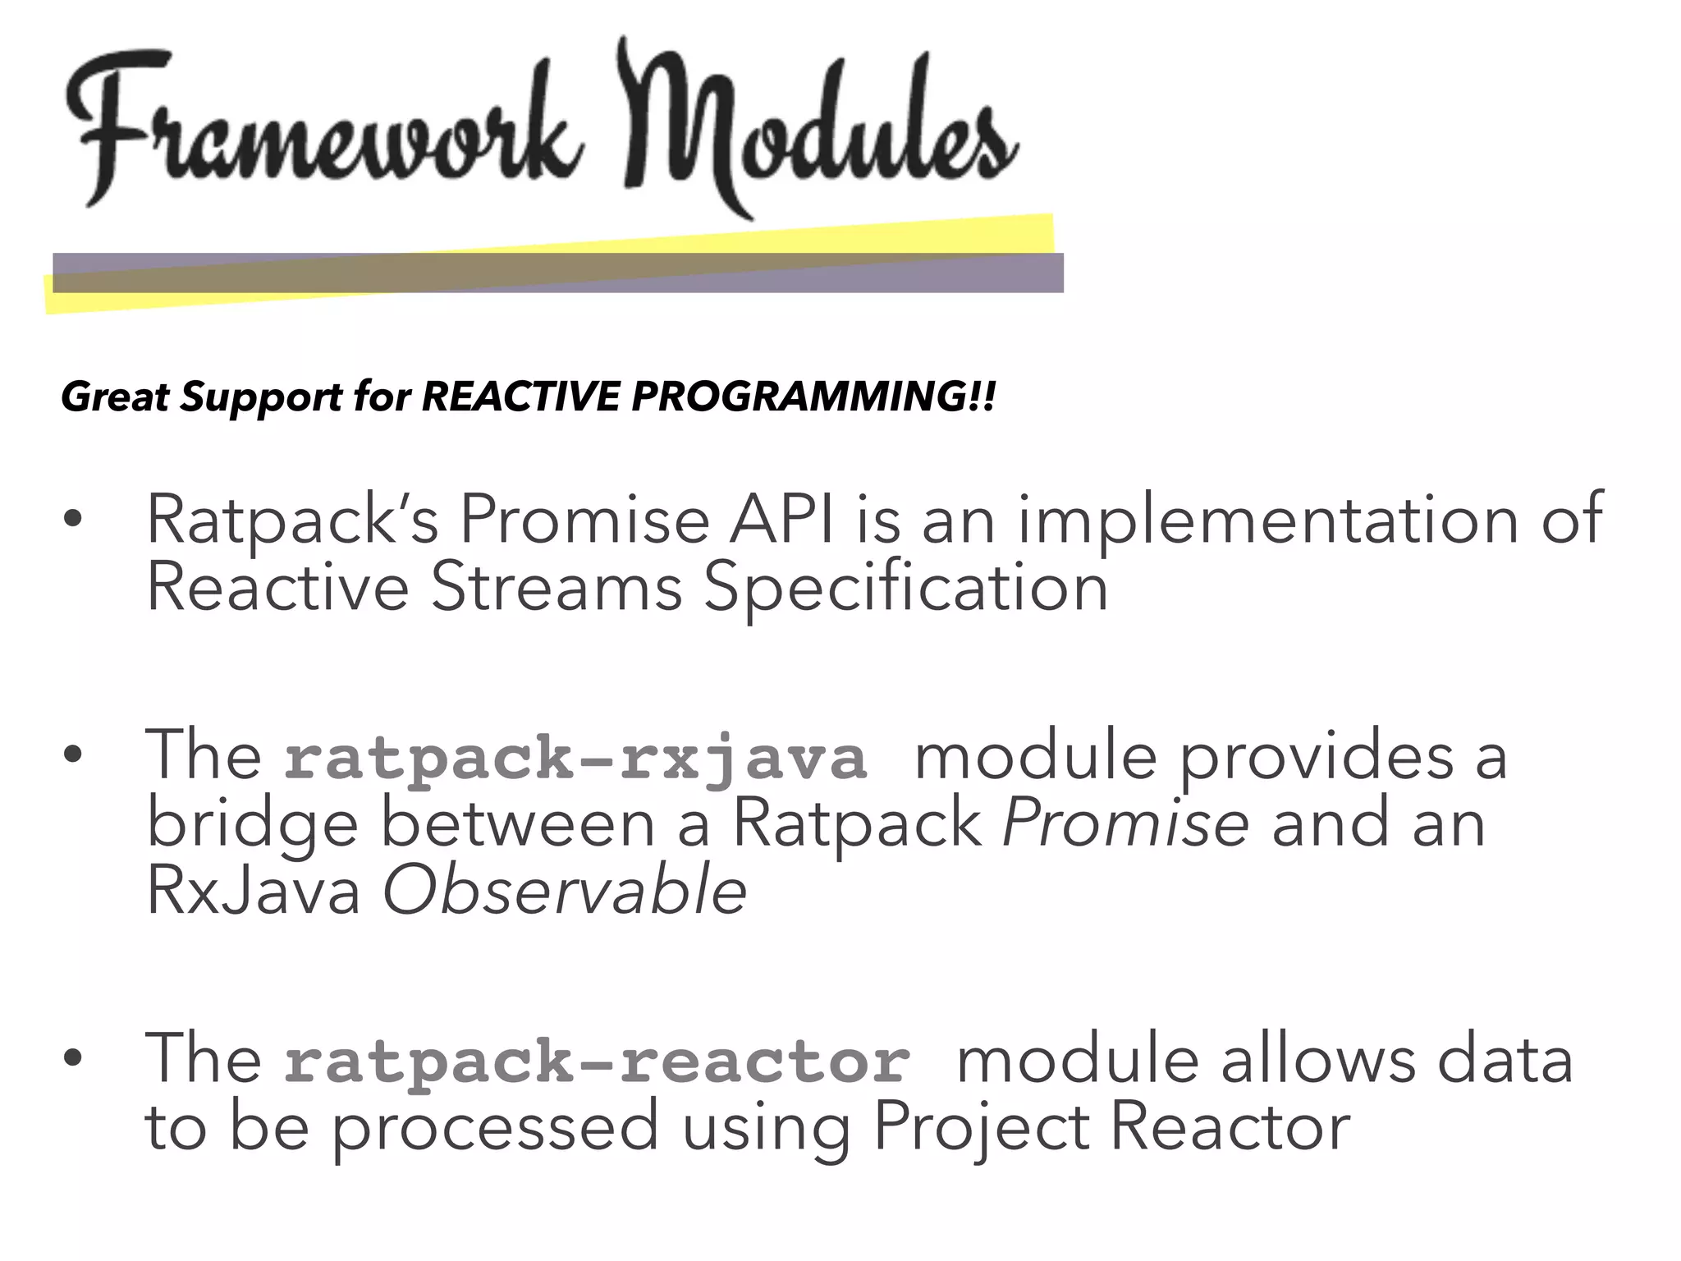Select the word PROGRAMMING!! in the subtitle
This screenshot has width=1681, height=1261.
(813, 397)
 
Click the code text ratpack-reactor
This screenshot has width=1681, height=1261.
(597, 1061)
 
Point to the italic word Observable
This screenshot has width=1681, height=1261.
(565, 892)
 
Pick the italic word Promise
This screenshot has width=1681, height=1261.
(1125, 823)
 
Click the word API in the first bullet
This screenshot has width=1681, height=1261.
(783, 520)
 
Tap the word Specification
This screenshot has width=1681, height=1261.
(906, 588)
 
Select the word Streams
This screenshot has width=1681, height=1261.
(557, 588)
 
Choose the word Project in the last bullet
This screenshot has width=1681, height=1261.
(981, 1128)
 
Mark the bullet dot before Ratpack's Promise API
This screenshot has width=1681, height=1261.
(73, 520)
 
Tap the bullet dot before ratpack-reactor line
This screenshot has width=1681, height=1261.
(73, 1060)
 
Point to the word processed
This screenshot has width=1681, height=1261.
(496, 1128)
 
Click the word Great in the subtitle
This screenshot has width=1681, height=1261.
(114, 397)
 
